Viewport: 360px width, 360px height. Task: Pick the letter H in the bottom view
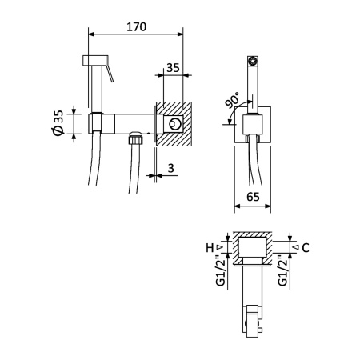point(210,247)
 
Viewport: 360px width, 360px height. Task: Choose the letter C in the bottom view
point(305,247)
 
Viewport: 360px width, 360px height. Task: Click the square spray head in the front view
point(253,60)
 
